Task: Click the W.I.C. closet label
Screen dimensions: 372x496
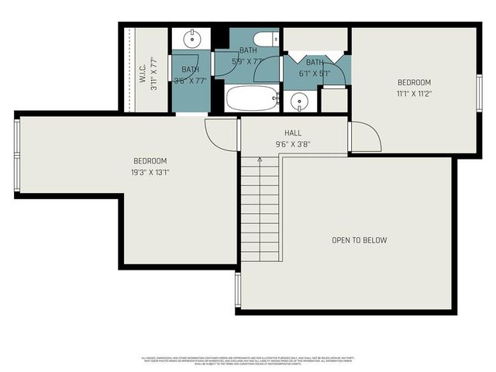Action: pyautogui.click(x=143, y=73)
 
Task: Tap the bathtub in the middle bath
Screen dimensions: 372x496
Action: pyautogui.click(x=252, y=98)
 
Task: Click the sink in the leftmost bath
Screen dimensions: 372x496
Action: pyautogui.click(x=191, y=38)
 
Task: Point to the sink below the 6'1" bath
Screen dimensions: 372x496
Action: pyautogui.click(x=299, y=101)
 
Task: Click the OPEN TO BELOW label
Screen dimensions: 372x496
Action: pyautogui.click(x=359, y=240)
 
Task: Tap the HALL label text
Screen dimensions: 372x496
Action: pyautogui.click(x=292, y=133)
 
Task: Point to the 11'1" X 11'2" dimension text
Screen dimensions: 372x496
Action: pyautogui.click(x=414, y=94)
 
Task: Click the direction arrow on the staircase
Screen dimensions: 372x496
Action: pyautogui.click(x=259, y=160)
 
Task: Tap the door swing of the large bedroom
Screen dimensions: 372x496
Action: pyautogui.click(x=219, y=134)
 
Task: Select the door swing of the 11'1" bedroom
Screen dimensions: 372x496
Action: pyautogui.click(x=365, y=138)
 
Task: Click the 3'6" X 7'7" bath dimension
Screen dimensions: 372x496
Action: pyautogui.click(x=190, y=79)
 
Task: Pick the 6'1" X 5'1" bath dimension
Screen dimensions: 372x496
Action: pyautogui.click(x=315, y=74)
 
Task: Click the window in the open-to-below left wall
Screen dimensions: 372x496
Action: pyautogui.click(x=238, y=288)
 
